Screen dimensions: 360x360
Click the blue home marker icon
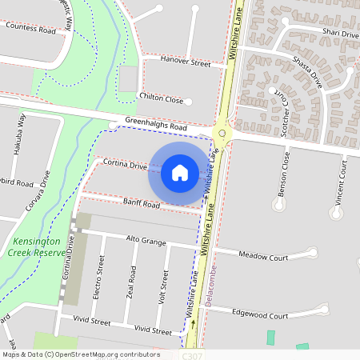pyautogui.click(x=180, y=172)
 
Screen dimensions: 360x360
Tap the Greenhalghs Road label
pyautogui.click(x=156, y=126)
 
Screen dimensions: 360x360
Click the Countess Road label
pyautogui.click(x=30, y=28)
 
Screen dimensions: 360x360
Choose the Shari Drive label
pyautogui.click(x=340, y=34)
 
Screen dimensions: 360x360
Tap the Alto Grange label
pyautogui.click(x=146, y=239)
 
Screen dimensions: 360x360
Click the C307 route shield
pyautogui.click(x=191, y=354)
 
